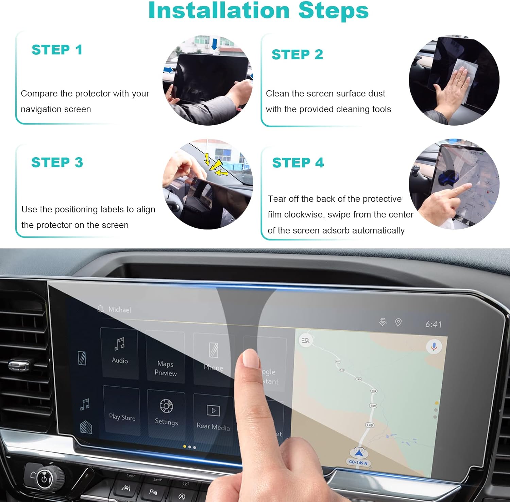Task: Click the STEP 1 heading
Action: pyautogui.click(x=57, y=50)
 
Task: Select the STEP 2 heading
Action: pyautogui.click(x=297, y=54)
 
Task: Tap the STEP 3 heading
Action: pyautogui.click(x=57, y=162)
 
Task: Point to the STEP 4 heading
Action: pyautogui.click(x=298, y=163)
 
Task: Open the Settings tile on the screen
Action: pyautogui.click(x=166, y=413)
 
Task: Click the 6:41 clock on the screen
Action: pyautogui.click(x=434, y=324)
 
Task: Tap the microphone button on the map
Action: pyautogui.click(x=434, y=346)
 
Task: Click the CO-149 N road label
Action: pyautogui.click(x=358, y=463)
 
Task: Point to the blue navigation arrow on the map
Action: pyautogui.click(x=359, y=453)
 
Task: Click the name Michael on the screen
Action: pyautogui.click(x=119, y=310)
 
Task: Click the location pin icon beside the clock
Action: pyautogui.click(x=398, y=322)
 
